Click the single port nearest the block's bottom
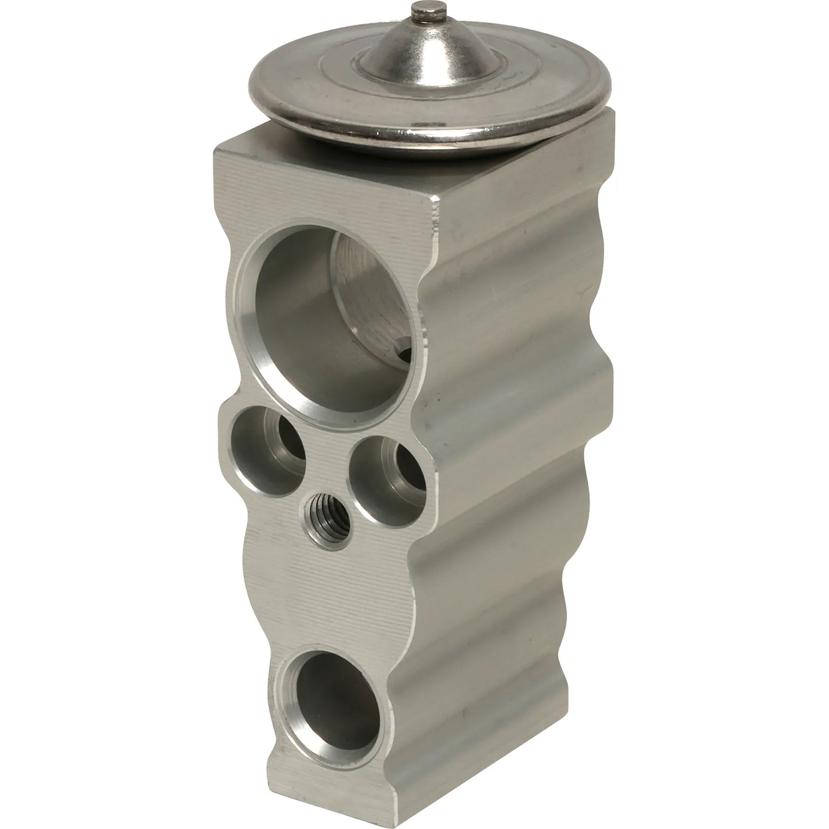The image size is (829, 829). tap(331, 694)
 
